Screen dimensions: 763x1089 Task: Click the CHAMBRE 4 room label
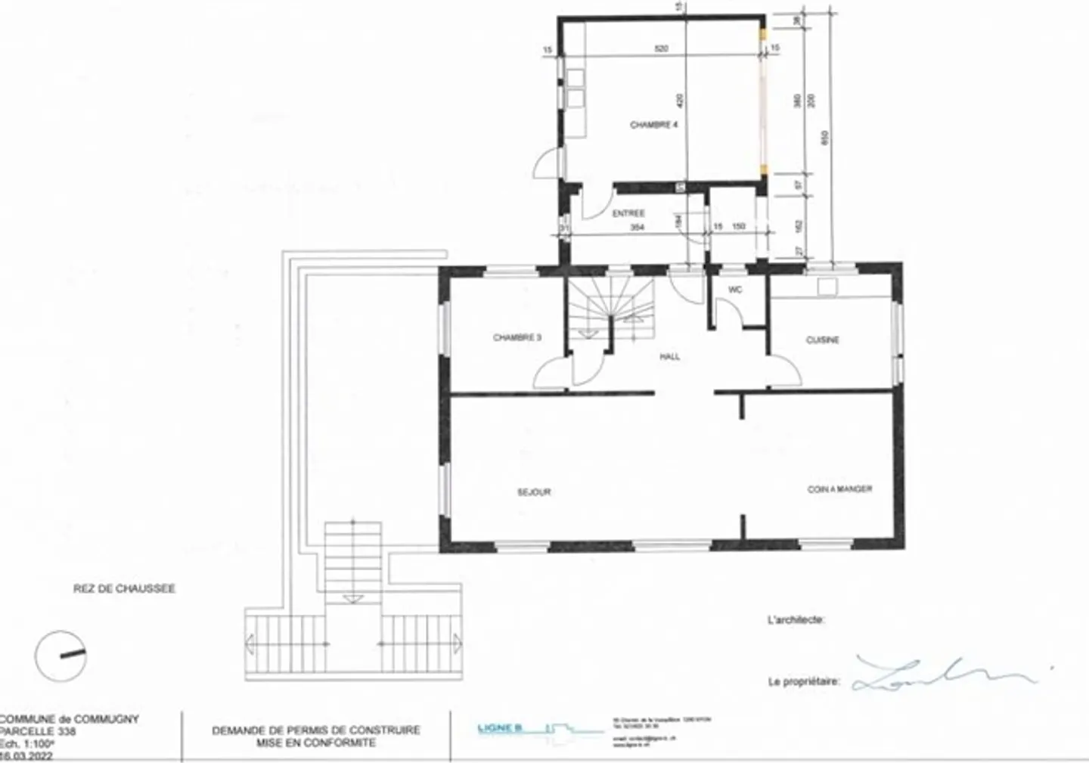click(x=653, y=125)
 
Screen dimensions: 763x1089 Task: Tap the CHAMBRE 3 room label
click(x=517, y=338)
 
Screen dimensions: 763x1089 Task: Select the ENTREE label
click(x=628, y=214)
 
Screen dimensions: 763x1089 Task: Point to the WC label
click(x=735, y=290)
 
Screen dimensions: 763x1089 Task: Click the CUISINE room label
click(x=822, y=340)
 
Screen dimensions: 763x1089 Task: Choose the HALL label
click(x=669, y=357)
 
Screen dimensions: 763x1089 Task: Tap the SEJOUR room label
click(x=534, y=492)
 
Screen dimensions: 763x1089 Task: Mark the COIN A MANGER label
click(x=839, y=489)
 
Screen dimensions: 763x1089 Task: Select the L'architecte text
click(x=795, y=620)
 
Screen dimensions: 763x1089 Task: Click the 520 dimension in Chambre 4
click(x=661, y=49)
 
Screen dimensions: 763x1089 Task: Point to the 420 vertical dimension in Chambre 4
click(x=679, y=99)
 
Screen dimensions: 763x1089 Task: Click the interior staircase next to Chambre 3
click(x=611, y=310)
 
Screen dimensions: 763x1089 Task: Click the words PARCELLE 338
click(x=38, y=731)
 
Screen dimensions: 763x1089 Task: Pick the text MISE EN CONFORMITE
click(x=315, y=743)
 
